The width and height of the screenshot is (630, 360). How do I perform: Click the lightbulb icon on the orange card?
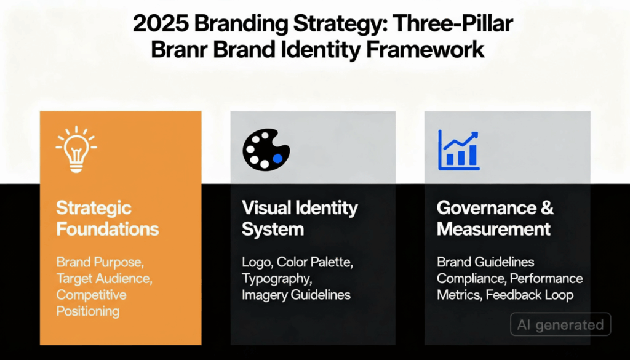coord(76,150)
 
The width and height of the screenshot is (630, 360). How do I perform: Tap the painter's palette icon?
coord(266,150)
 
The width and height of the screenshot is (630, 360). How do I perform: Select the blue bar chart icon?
coord(458,150)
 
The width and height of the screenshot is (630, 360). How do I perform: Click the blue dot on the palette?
coord(277,158)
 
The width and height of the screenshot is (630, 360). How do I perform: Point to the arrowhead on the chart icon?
coord(474,135)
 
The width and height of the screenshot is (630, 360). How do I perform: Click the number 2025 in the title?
coord(161,25)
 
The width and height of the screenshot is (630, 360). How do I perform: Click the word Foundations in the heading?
coord(107,230)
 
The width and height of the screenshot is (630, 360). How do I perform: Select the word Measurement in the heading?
coord(493,230)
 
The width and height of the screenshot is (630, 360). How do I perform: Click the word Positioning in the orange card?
coord(87,311)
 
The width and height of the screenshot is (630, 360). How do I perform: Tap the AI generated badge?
coord(560,324)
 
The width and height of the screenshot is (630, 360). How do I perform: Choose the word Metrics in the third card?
coord(458,295)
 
